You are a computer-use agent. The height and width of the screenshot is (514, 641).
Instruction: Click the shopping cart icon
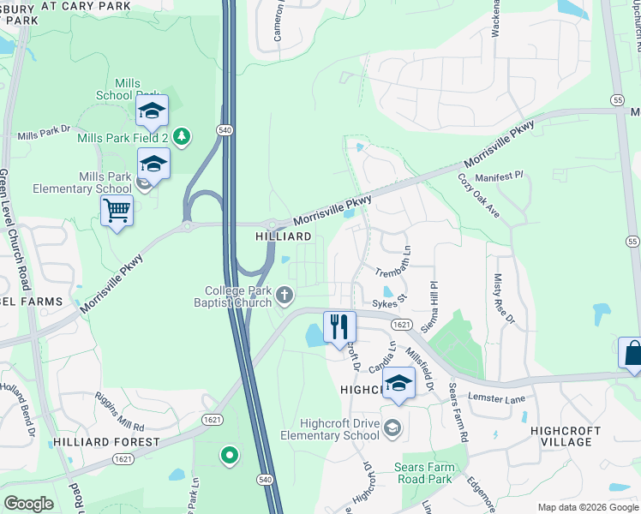tap(117, 209)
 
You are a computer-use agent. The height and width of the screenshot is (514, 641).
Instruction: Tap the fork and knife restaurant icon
tap(339, 326)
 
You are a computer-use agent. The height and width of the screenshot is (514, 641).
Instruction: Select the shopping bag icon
tap(632, 353)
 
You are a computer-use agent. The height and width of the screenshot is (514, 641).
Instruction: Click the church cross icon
tap(285, 296)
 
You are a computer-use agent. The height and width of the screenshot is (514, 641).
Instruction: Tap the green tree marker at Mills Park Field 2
tap(181, 135)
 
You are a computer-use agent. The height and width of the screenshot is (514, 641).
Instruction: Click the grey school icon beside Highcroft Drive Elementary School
tap(392, 427)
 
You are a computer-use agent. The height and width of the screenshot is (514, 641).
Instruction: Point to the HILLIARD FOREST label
tap(106, 442)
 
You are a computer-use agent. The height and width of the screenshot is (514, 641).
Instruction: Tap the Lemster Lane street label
tap(494, 397)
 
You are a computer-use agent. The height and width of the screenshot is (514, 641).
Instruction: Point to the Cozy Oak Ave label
tap(478, 195)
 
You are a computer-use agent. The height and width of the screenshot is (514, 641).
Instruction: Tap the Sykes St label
tap(388, 302)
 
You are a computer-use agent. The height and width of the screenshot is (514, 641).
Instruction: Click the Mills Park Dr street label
tap(44, 133)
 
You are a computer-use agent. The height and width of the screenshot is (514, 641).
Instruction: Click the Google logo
tap(28, 503)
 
